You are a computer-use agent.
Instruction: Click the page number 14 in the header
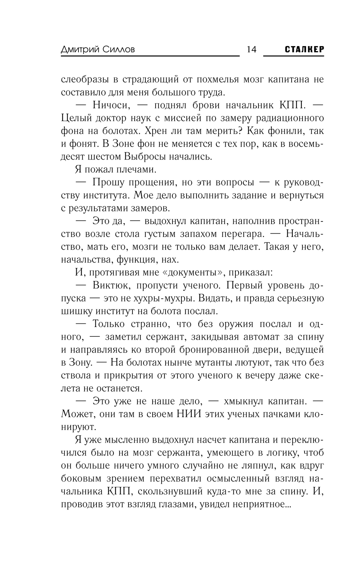click(251, 49)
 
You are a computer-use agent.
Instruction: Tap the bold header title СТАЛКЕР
click(304, 49)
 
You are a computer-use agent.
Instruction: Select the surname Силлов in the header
click(118, 50)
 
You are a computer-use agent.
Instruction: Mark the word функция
click(130, 260)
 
